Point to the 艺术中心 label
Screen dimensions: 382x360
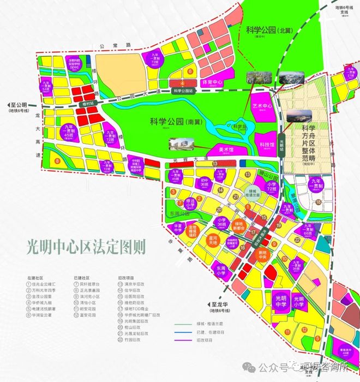tap(262, 106)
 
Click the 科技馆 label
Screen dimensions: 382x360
tap(266, 144)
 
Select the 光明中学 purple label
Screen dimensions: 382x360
tap(280, 300)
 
